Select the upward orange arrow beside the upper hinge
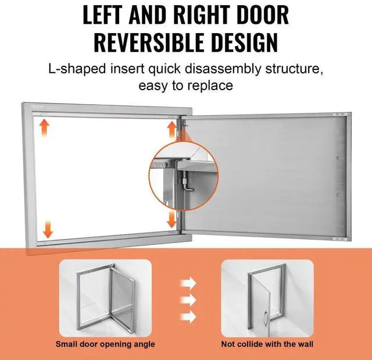172,129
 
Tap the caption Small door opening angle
105,344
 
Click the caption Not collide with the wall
267,344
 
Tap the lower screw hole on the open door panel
338,195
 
